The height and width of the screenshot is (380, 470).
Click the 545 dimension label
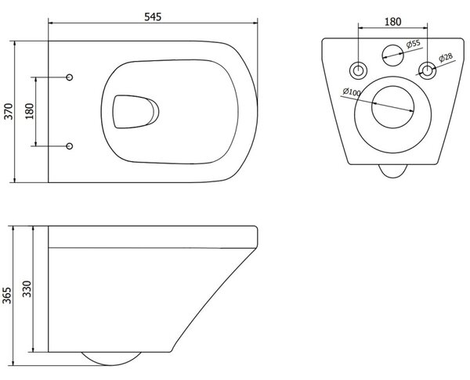[153, 16]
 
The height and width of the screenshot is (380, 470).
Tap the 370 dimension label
[9, 111]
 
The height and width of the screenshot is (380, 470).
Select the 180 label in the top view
[30, 111]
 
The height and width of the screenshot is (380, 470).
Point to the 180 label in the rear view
[392, 22]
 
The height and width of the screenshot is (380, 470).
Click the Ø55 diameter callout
[414, 44]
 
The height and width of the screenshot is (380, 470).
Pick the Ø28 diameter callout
[446, 57]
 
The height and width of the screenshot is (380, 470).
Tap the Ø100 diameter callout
[352, 91]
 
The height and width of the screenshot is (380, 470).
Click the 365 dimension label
[6, 296]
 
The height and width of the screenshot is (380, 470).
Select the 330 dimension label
[27, 289]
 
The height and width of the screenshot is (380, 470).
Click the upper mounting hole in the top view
[69, 77]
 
